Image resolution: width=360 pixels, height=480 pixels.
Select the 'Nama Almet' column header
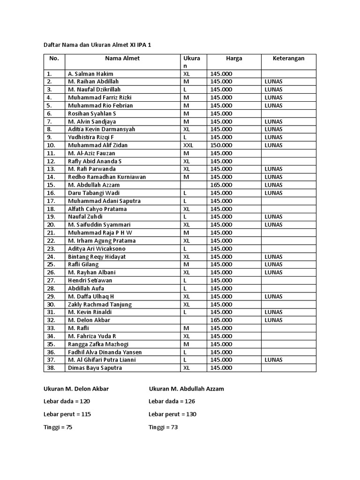pyautogui.click(x=122, y=59)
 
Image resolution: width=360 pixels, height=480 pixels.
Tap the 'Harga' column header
pyautogui.click(x=234, y=59)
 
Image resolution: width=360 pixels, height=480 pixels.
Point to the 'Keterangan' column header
pyautogui.click(x=289, y=59)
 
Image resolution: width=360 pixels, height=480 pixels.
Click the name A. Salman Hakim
pyautogui.click(x=90, y=74)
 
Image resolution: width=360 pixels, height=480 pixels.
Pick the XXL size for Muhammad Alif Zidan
pyautogui.click(x=188, y=145)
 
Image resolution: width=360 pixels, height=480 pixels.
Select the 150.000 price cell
pyautogui.click(x=221, y=145)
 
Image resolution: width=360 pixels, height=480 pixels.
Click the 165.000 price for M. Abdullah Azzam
pyautogui.click(x=221, y=185)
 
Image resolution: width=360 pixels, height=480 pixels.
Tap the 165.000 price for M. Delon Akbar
pyautogui.click(x=221, y=320)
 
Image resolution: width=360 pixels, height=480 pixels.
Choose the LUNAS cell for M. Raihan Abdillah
pyautogui.click(x=273, y=82)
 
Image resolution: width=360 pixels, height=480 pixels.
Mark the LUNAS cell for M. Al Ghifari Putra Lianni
pyautogui.click(x=273, y=360)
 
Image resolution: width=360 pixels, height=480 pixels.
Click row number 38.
pyautogui.click(x=51, y=368)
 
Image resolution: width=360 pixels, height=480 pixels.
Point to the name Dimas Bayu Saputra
pyautogui.click(x=95, y=368)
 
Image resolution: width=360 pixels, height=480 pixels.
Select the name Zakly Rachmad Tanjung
pyautogui.click(x=100, y=304)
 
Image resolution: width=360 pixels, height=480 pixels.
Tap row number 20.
pyautogui.click(x=51, y=225)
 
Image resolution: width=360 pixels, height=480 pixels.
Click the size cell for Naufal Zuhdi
pyautogui.click(x=186, y=217)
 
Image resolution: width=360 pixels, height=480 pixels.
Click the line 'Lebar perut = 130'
pyautogui.click(x=172, y=414)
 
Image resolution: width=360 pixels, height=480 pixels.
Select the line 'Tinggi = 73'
pyautogui.click(x=163, y=427)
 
